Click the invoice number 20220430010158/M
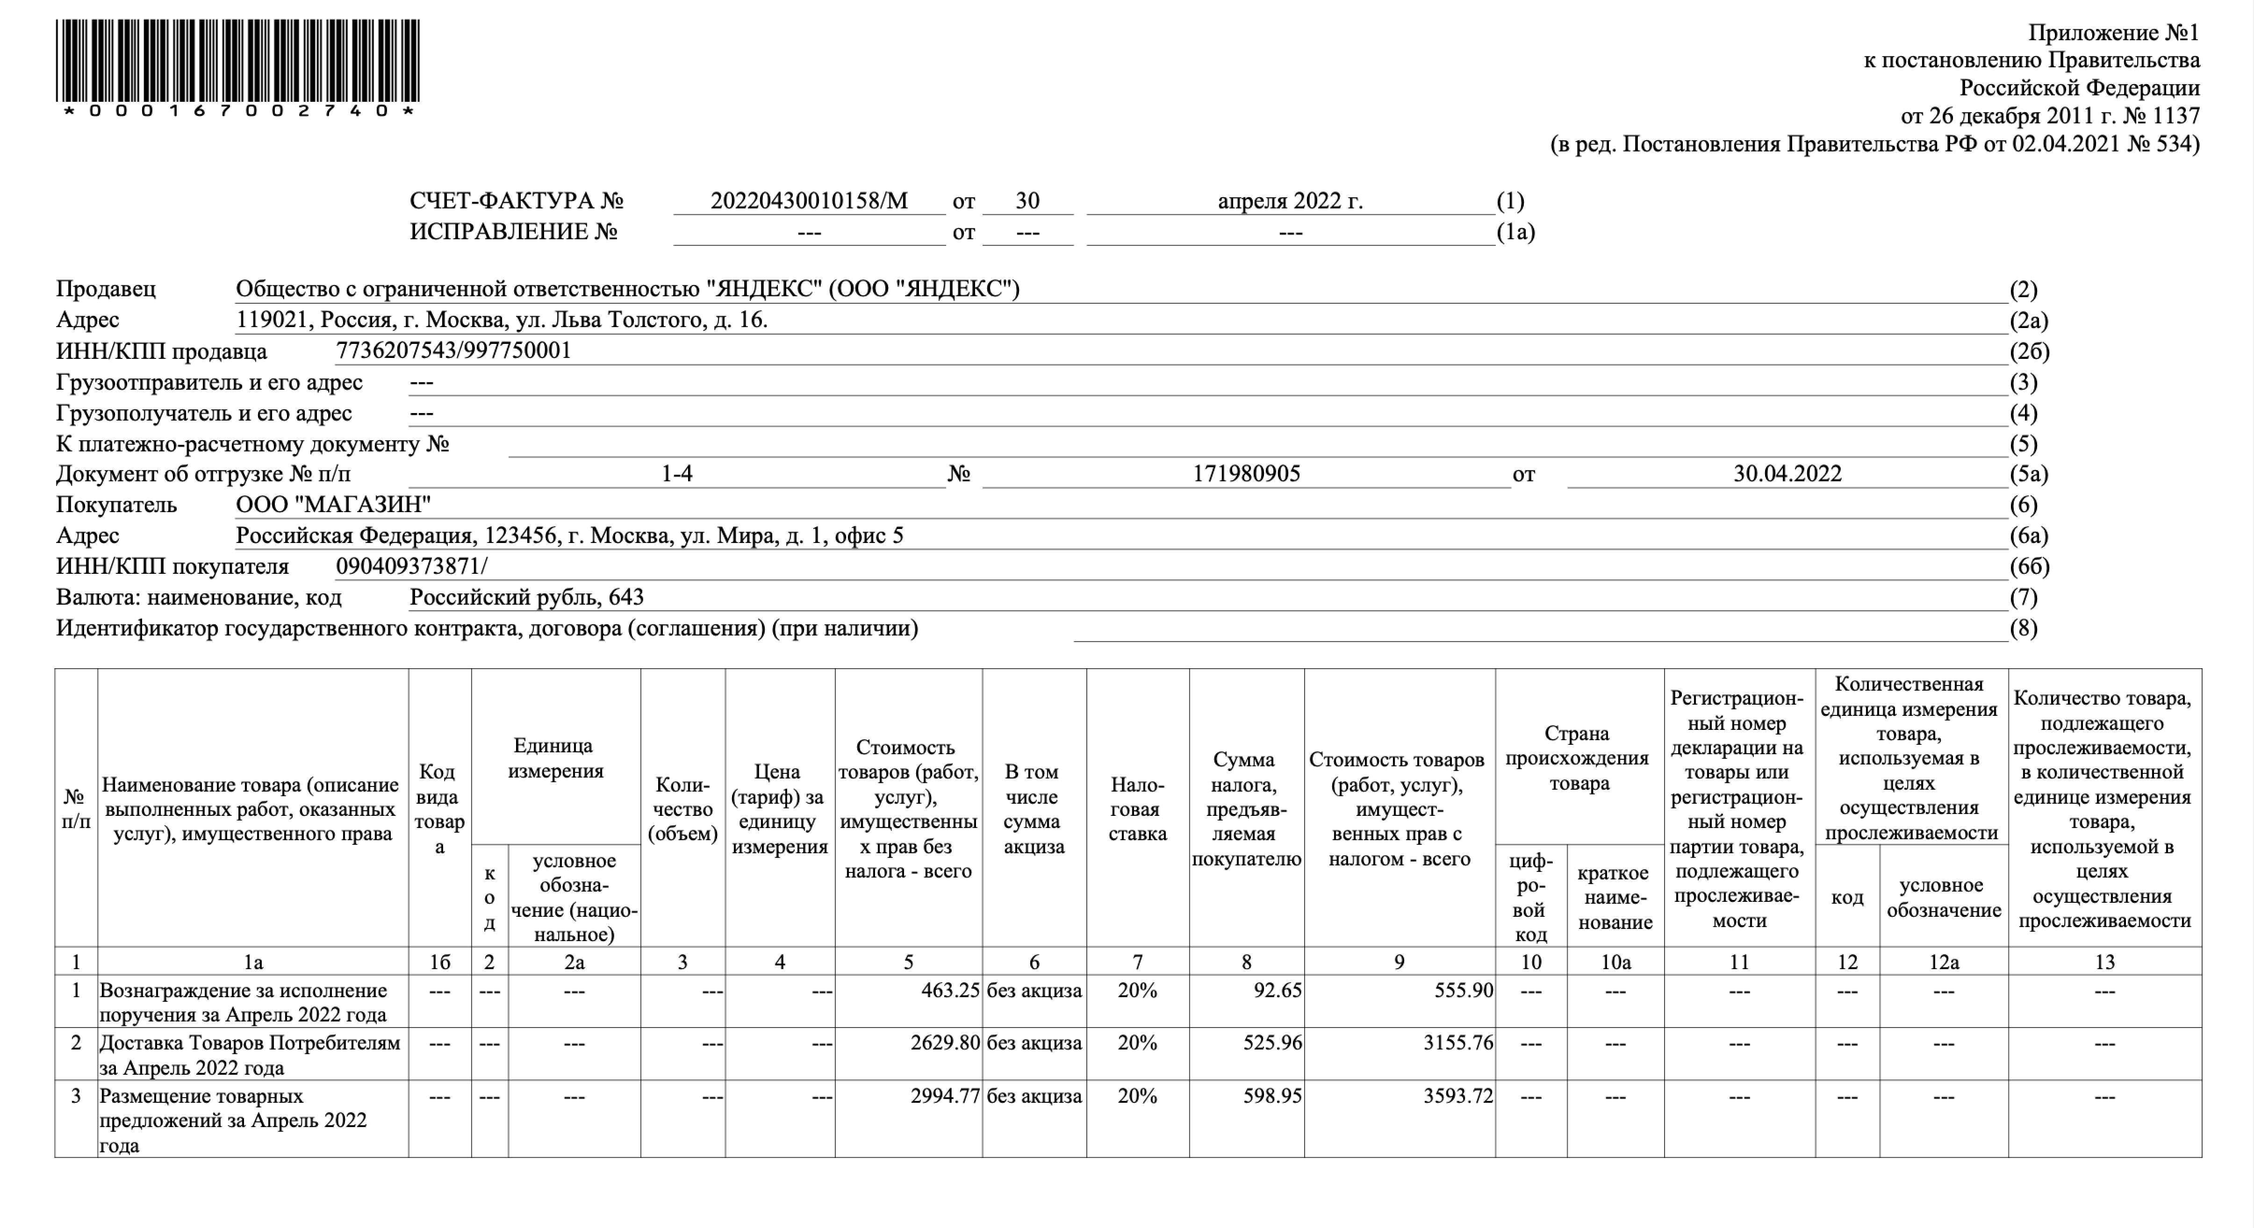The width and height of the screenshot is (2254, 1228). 809,201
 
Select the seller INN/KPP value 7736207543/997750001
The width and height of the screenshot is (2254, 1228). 453,351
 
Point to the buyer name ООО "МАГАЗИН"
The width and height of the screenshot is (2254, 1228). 333,505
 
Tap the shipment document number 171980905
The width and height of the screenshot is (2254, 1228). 1246,474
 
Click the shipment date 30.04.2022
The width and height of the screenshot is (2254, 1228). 1787,474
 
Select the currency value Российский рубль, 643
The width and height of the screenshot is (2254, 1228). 527,597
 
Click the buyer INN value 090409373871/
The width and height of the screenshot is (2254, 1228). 411,567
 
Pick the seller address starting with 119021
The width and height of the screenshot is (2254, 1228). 502,320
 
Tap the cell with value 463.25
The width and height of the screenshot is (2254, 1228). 949,991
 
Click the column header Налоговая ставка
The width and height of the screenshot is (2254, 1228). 1137,809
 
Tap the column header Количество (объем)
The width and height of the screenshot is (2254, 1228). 682,809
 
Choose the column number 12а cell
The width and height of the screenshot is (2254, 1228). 1943,962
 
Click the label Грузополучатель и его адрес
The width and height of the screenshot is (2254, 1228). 204,413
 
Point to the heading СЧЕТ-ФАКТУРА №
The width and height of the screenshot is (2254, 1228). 516,201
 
